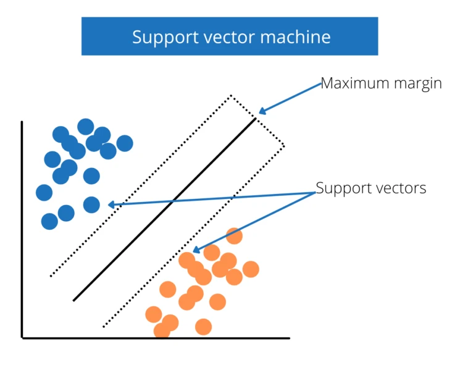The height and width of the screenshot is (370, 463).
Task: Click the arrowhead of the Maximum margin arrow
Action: pyautogui.click(x=262, y=111)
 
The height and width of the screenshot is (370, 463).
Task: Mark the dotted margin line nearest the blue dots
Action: pyautogui.click(x=141, y=185)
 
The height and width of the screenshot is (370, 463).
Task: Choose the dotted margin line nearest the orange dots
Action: pyautogui.click(x=193, y=235)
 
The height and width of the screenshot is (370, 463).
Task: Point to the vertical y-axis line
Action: pyautogui.click(x=22, y=229)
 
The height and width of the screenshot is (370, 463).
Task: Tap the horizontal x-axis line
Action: pyautogui.click(x=154, y=338)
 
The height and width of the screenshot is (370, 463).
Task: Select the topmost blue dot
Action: pyautogui.click(x=86, y=127)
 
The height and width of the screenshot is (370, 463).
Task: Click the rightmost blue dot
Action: pyautogui.click(x=125, y=143)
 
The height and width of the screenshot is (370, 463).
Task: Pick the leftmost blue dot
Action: pyautogui.click(x=44, y=193)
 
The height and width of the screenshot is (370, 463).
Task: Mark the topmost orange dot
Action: pyautogui.click(x=234, y=235)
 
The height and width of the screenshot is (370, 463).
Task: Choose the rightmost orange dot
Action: pyautogui.click(x=250, y=269)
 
